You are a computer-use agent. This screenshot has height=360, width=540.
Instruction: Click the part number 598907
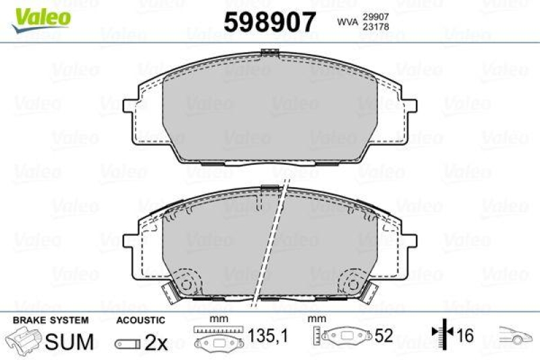point(269,22)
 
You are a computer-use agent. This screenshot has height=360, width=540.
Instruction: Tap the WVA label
point(347,23)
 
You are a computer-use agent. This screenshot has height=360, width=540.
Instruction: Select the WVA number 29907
point(376,16)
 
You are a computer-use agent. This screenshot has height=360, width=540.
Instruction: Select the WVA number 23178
point(376,28)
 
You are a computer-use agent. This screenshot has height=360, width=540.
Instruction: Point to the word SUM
point(70,342)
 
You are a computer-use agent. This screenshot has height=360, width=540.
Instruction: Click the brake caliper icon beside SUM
point(24,340)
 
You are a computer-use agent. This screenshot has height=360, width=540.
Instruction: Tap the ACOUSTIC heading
point(141,320)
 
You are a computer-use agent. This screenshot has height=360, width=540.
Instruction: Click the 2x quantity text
point(156,342)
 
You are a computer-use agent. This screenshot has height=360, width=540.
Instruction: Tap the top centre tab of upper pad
point(269,51)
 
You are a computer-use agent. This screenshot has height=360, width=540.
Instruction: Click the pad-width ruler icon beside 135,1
point(219,336)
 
